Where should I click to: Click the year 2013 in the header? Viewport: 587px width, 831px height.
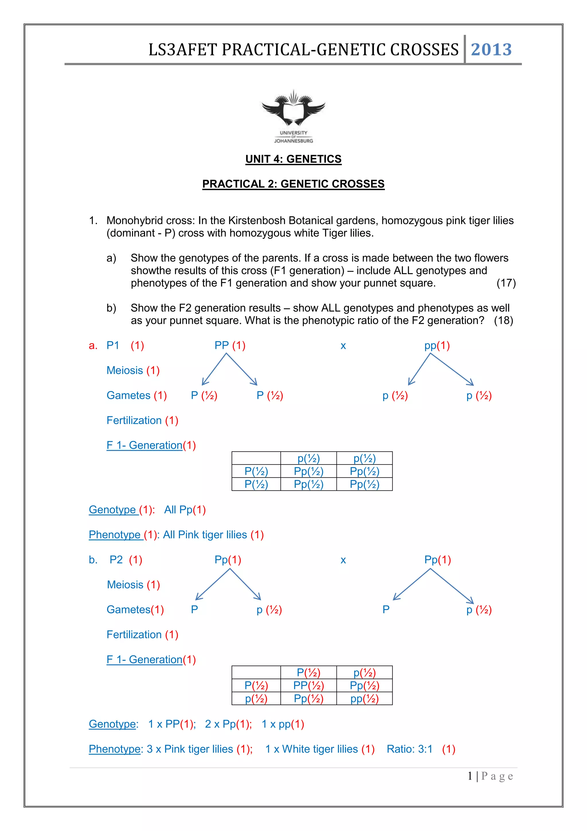coord(491,50)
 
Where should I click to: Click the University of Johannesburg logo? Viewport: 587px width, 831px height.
coord(293,116)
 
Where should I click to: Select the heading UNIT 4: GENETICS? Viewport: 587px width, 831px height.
coord(293,159)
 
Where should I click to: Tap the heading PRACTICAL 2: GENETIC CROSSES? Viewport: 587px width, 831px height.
coord(293,184)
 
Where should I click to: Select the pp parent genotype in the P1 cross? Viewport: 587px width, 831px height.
coord(431,346)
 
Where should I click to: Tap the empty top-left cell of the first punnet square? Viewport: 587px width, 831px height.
coord(256,458)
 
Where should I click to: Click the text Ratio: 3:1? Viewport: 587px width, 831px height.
coord(409,749)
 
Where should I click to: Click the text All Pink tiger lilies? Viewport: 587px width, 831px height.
coord(205,535)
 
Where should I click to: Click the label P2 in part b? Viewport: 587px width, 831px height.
coord(116,560)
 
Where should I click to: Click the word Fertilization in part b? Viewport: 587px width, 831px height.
coord(134,634)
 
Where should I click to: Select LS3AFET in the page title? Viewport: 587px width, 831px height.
coord(182,50)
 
